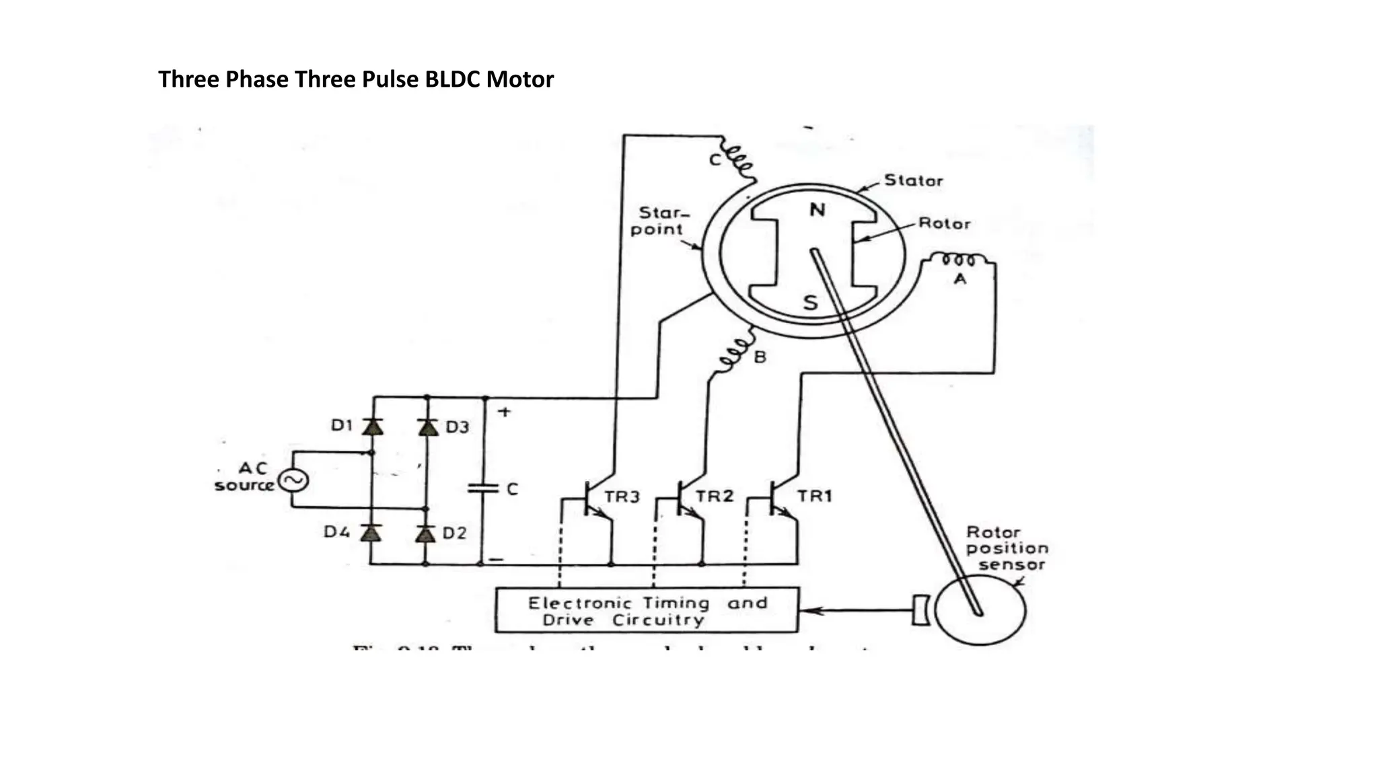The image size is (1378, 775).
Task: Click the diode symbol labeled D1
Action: coord(372,427)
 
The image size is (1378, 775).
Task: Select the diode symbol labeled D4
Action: coord(371,533)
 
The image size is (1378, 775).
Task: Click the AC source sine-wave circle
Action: coord(293,480)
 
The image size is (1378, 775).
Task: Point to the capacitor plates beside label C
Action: coord(482,488)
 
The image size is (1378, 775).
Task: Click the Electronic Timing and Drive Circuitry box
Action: coord(647,610)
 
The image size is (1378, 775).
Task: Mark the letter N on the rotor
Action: coord(817,211)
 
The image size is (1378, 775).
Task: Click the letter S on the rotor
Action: coord(811,303)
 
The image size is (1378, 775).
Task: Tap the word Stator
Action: coord(913,180)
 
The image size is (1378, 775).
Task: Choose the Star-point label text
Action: coord(657,221)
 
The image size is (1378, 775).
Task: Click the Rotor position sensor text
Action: coord(1007,548)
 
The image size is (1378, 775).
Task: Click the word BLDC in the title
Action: coord(453,79)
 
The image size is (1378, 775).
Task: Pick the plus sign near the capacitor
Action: coord(505,411)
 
